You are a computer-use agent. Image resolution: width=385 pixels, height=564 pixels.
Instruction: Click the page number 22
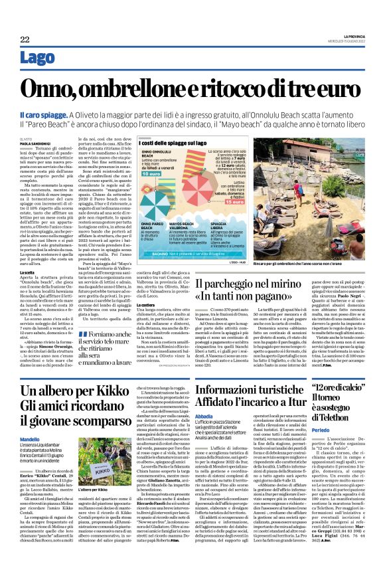point(25,40)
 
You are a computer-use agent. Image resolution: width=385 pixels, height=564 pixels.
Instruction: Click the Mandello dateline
point(30,439)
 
